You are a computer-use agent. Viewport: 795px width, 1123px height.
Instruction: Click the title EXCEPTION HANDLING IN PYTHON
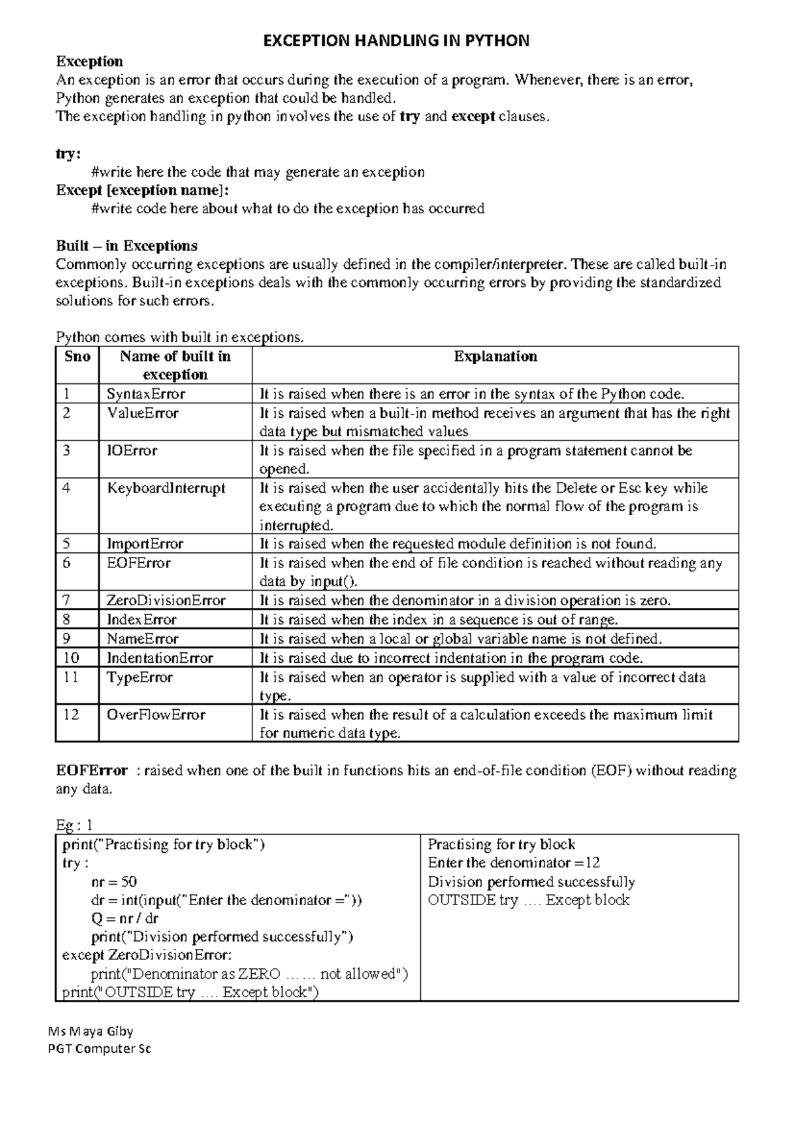coord(396,41)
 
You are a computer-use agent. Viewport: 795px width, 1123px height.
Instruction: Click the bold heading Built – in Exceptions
coord(127,246)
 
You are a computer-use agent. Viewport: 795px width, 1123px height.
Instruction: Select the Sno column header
coord(78,357)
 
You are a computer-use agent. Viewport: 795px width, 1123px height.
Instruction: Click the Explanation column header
coord(495,357)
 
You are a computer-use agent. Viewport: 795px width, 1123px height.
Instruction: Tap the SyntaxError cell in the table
coord(146,394)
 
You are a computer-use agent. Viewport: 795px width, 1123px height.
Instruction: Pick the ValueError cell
coord(142,413)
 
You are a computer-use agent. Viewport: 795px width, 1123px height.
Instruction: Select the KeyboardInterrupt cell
coord(166,488)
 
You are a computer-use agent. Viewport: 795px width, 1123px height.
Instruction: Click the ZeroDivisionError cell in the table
coord(166,601)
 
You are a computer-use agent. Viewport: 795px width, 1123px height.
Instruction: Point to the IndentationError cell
coord(160,658)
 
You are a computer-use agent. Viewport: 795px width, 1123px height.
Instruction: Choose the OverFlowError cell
coord(156,714)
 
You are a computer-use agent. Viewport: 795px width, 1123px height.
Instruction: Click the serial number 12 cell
coord(71,714)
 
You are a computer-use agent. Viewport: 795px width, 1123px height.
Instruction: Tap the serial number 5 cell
coord(66,544)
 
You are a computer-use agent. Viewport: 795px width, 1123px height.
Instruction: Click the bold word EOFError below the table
coord(91,771)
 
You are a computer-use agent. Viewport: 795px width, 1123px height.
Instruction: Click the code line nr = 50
coord(114,881)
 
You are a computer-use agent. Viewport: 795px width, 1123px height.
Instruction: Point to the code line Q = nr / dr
coord(125,918)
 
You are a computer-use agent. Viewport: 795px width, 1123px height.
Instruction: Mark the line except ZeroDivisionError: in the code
coord(146,955)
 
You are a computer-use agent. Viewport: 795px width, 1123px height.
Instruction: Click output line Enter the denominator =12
coord(513,863)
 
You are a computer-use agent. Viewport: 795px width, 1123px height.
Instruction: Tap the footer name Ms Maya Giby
coord(91,1031)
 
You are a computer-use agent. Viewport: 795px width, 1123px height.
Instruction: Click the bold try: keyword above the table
coord(68,154)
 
